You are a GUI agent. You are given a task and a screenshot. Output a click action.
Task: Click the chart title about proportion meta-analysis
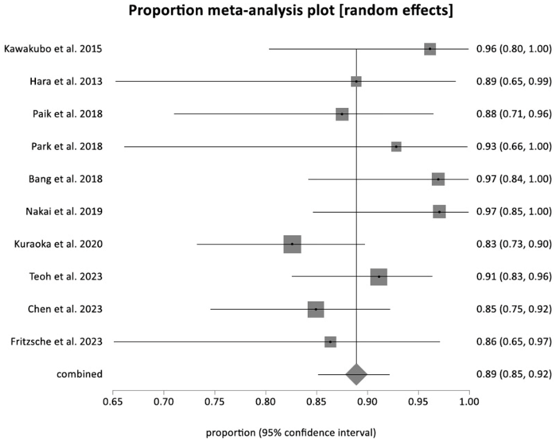[x=291, y=11]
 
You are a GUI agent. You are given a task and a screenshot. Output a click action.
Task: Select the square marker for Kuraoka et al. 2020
[x=292, y=244]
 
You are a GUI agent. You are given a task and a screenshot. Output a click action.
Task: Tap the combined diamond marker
[x=356, y=374]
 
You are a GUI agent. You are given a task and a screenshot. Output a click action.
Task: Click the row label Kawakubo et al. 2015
[x=53, y=49]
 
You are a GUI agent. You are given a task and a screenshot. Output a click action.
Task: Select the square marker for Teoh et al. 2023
[x=379, y=277]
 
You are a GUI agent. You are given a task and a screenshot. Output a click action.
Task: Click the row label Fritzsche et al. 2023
[x=56, y=342]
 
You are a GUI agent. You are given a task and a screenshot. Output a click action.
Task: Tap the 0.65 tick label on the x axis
[x=113, y=401]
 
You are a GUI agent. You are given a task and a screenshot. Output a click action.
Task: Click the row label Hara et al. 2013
[x=66, y=81]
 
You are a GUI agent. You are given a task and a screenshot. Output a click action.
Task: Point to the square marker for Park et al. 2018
[x=396, y=147]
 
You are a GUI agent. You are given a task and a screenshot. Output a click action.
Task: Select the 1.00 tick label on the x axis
[x=469, y=401]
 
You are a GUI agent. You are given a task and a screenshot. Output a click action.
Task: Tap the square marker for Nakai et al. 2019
[x=439, y=212]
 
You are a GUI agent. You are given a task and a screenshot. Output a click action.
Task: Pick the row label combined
[x=79, y=374]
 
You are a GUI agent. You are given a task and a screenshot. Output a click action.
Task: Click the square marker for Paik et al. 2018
[x=342, y=114]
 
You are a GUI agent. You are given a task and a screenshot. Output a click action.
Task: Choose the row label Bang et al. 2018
[x=65, y=179]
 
